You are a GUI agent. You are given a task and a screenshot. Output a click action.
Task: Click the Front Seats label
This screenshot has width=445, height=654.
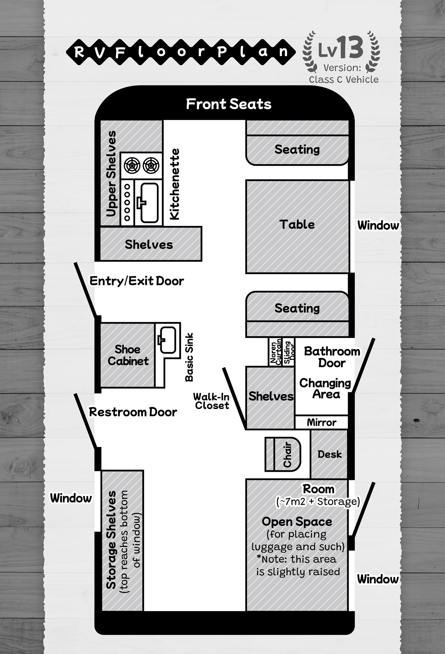point(229,104)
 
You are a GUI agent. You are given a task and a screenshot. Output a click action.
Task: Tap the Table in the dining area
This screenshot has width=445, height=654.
point(298,227)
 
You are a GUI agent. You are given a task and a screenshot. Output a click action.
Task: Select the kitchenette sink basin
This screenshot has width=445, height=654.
point(149,203)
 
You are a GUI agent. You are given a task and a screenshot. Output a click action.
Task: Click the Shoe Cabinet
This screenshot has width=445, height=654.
point(128,355)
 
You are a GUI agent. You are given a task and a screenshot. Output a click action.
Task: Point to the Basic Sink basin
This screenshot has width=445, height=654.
point(167,340)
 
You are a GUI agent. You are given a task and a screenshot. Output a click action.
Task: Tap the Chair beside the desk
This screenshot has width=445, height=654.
point(283,454)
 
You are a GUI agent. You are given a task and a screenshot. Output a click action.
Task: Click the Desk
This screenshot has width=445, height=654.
point(329,454)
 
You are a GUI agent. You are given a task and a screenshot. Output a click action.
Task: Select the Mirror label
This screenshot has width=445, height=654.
point(322,422)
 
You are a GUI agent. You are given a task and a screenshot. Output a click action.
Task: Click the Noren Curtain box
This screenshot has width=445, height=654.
point(275,352)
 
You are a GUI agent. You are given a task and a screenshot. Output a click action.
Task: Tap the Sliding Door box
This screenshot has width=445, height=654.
point(289,352)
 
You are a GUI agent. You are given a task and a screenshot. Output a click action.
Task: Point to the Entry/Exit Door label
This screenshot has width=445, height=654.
point(137,281)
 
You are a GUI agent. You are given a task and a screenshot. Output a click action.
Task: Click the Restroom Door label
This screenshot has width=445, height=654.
point(133,412)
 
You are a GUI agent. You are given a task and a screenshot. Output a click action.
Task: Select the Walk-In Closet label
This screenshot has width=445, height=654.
point(212,401)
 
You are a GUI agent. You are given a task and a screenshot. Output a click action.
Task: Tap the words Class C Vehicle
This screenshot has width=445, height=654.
point(344,80)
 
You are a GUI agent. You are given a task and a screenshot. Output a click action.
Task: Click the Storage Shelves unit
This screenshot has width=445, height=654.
point(122,541)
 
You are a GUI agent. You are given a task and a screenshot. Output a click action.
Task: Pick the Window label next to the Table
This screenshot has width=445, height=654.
point(378,225)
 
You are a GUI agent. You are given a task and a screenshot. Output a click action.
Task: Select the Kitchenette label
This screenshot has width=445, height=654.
point(175,184)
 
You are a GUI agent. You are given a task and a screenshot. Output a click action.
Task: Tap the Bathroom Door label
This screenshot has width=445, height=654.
point(332,357)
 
